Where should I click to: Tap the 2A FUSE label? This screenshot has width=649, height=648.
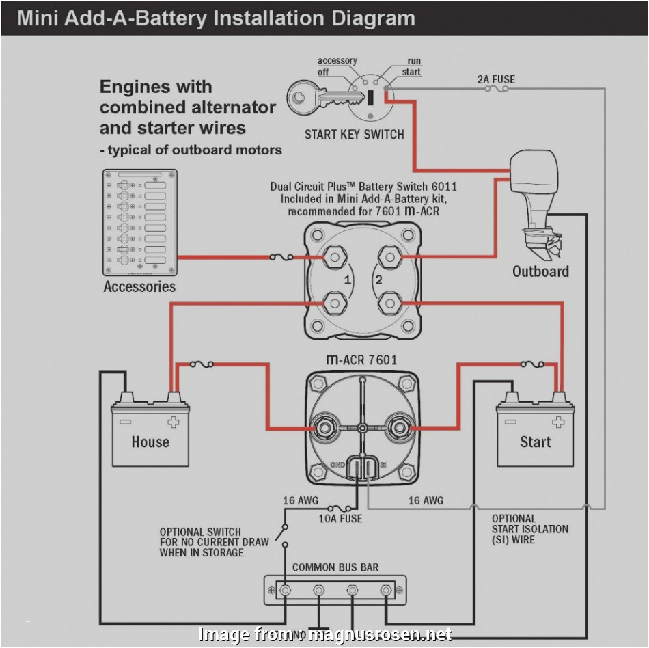pos(496,79)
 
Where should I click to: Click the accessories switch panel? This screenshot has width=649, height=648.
pos(140,222)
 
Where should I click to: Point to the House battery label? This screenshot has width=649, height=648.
pos(150,442)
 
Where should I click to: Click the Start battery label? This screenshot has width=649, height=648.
pos(535,442)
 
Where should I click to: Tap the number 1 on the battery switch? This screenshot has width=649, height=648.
pos(347,280)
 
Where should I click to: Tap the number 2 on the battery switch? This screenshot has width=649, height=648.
pos(378,280)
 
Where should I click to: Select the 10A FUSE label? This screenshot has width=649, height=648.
pos(340,519)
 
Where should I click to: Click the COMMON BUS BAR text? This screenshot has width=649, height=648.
pos(335,567)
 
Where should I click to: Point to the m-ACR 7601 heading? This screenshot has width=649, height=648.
pos(361,360)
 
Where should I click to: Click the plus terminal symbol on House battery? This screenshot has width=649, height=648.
pos(174,422)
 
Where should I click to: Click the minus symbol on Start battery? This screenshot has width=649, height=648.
pos(510,422)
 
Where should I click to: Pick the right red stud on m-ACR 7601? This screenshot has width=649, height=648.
pos(398,428)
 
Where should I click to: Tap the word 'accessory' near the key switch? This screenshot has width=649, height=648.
pos(337,61)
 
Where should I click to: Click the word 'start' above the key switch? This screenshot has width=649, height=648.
pos(411,72)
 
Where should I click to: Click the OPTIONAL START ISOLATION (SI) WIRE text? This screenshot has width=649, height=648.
pos(529,529)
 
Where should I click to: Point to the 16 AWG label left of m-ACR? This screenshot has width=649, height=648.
pos(301,501)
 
